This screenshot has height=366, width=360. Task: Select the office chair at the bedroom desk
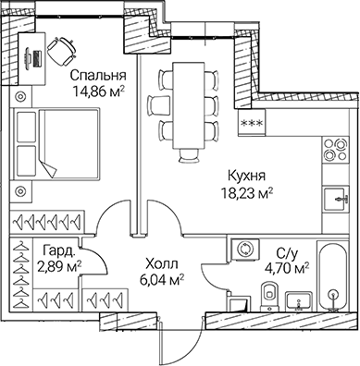[x=61, y=48]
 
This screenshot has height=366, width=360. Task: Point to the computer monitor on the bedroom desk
[x=36, y=55]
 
